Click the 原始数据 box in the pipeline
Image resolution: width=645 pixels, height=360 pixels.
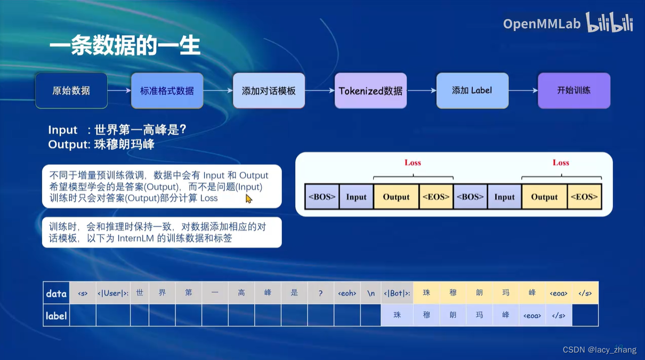coord(71,91)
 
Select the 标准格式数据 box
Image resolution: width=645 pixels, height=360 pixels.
coord(167,91)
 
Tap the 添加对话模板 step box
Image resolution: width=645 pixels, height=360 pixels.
coord(269,91)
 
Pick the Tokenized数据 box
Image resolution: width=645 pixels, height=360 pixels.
coord(370,91)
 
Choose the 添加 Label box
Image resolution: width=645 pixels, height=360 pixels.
coord(472,91)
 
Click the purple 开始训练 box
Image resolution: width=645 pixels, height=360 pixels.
coord(574,91)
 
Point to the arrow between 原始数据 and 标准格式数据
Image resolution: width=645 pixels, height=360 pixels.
coord(119,91)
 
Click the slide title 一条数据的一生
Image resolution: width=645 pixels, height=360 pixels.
coord(125,46)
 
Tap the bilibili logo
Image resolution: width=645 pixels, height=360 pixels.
coord(609,23)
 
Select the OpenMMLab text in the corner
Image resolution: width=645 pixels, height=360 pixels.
coord(542,24)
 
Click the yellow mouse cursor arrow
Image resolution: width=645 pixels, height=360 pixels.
coord(248,198)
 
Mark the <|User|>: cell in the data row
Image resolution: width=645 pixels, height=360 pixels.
coord(113,293)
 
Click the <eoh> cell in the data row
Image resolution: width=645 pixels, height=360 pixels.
coord(347,293)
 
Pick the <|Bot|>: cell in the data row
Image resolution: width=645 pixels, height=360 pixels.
coord(397,293)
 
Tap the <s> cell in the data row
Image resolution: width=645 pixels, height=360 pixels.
coord(83,293)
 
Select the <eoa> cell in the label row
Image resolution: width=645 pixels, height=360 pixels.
coord(532,316)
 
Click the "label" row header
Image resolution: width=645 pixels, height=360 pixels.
coord(57,316)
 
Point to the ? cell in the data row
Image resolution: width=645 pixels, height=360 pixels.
coord(320,293)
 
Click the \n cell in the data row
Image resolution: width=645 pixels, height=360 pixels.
coord(371,293)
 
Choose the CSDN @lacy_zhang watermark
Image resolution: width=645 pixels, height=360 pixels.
coord(600,350)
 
